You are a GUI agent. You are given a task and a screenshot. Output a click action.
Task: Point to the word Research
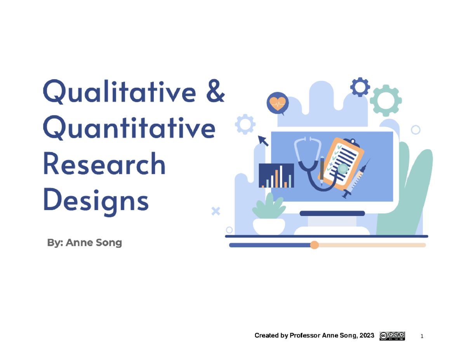point(104,165)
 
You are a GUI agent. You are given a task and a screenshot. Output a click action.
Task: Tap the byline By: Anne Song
point(84,243)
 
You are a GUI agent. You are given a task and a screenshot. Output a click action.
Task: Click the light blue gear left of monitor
point(245,124)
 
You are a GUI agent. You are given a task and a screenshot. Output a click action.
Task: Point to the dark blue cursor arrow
point(264,140)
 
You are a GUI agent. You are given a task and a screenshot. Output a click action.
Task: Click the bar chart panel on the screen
point(276,176)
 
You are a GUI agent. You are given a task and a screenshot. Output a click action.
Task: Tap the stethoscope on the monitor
point(311,163)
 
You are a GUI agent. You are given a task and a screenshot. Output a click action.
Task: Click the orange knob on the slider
point(315,245)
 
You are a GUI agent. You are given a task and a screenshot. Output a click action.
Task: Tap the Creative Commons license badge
point(392,336)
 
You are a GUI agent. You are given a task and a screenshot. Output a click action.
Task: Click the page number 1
point(422,336)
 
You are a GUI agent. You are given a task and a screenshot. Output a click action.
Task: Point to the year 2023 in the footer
point(367,336)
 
